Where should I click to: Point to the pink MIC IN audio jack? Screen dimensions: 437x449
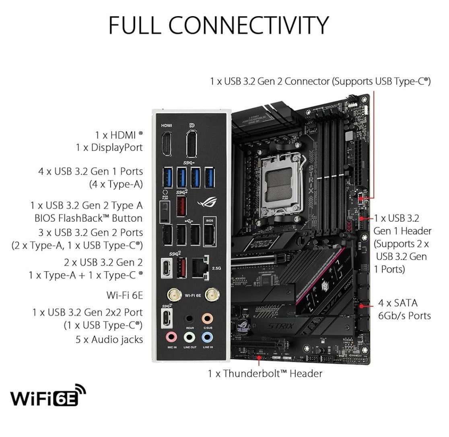click(171, 336)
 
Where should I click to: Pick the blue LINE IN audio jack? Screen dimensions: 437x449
click(207, 336)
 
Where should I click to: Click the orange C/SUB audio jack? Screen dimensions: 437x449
click(207, 318)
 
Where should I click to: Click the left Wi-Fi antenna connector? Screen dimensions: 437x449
click(173, 295)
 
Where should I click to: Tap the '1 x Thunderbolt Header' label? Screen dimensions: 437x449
click(265, 373)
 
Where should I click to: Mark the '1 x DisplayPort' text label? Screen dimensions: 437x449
click(109, 148)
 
